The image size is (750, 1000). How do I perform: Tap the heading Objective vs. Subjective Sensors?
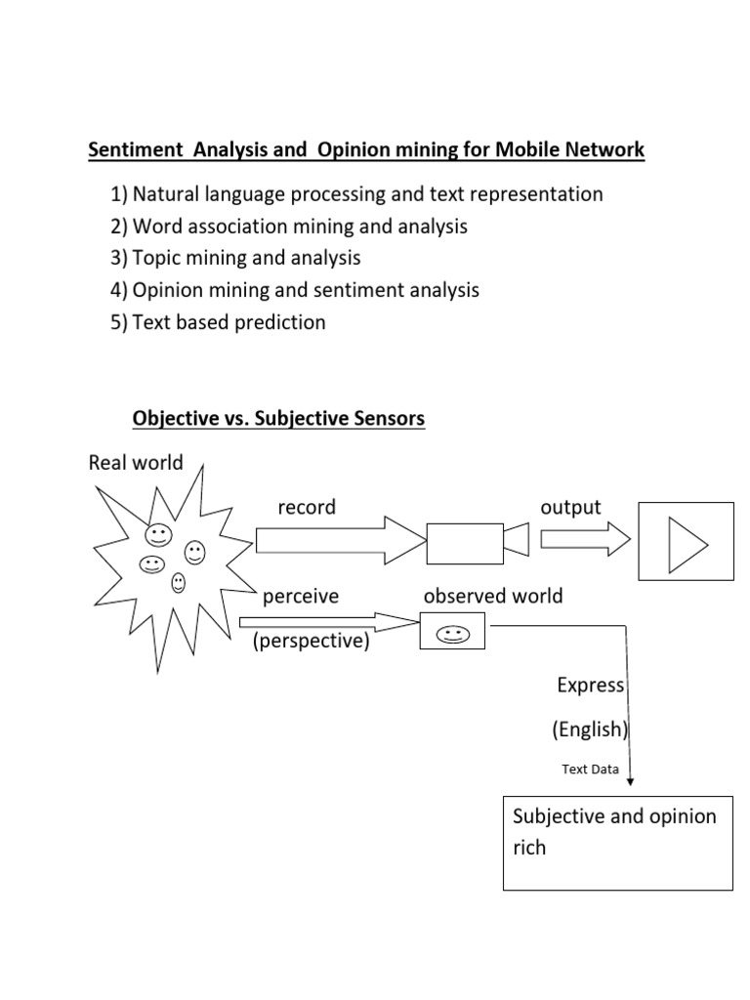point(278,419)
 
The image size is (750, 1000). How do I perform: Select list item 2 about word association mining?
point(289,227)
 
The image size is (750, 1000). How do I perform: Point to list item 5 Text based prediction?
point(218,322)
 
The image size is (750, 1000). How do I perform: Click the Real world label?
point(136,462)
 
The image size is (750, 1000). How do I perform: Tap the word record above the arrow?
point(307,507)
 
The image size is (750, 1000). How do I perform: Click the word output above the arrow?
point(570,507)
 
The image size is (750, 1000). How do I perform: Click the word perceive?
point(301,596)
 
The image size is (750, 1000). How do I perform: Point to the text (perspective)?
point(311,643)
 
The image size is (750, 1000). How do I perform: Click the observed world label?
point(493,596)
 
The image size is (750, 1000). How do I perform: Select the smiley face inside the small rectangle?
point(452,636)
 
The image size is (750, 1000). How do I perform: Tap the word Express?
point(590,685)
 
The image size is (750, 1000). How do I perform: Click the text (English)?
point(589,729)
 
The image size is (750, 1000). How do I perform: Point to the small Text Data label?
point(590,769)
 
